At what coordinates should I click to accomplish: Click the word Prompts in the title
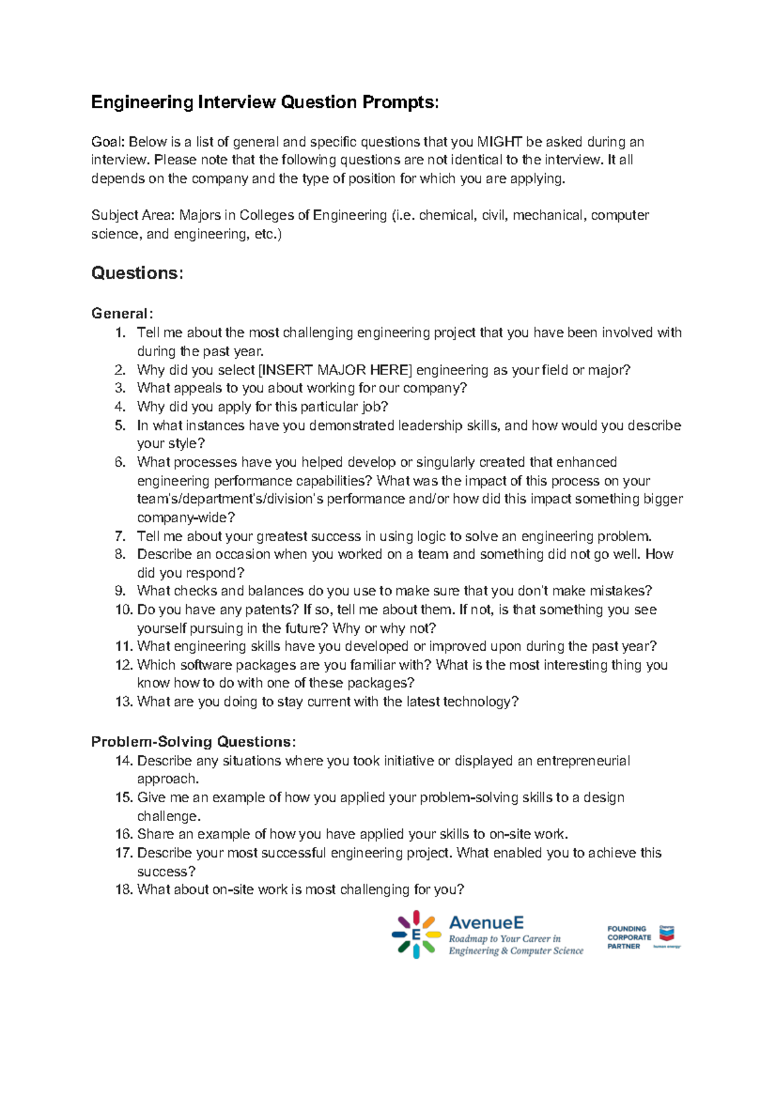[399, 102]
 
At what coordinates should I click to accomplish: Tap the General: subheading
[122, 314]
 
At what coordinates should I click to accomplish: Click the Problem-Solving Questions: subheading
[193, 741]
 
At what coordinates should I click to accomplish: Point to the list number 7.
[120, 536]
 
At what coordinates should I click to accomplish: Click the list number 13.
[124, 701]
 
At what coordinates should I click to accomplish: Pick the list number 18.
[124, 889]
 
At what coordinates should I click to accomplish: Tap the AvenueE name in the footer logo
[486, 922]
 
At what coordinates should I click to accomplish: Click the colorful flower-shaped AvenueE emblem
[416, 934]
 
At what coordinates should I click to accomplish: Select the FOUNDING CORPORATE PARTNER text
[628, 937]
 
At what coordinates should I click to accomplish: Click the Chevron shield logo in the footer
[666, 933]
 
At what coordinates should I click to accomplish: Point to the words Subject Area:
[133, 215]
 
